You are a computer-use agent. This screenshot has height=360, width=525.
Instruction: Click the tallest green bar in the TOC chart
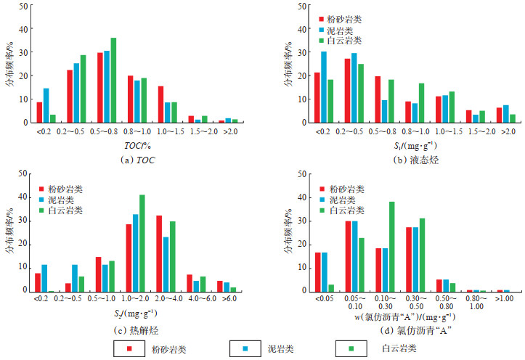[x=113, y=80]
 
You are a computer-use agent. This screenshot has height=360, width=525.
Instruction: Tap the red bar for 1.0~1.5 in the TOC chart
[x=160, y=104]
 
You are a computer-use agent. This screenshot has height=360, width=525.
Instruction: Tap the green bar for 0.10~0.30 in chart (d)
[x=391, y=246]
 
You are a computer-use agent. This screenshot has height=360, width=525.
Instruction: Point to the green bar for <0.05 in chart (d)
[x=331, y=287]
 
